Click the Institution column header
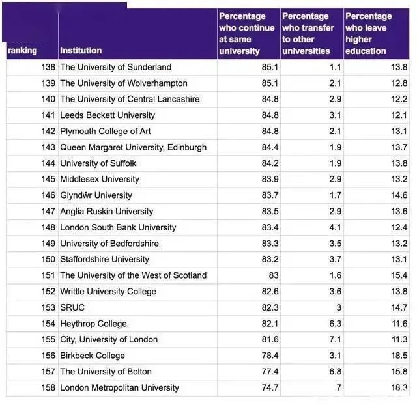click(x=81, y=50)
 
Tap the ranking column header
click(x=22, y=50)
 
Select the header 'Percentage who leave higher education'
click(x=369, y=33)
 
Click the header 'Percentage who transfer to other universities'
click(x=308, y=33)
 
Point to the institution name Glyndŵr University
click(x=96, y=195)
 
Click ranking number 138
click(x=48, y=67)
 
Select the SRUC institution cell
click(x=72, y=307)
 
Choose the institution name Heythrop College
click(x=93, y=324)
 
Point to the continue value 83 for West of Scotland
click(x=273, y=275)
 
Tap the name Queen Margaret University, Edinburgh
click(x=133, y=147)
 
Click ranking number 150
click(x=48, y=259)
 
